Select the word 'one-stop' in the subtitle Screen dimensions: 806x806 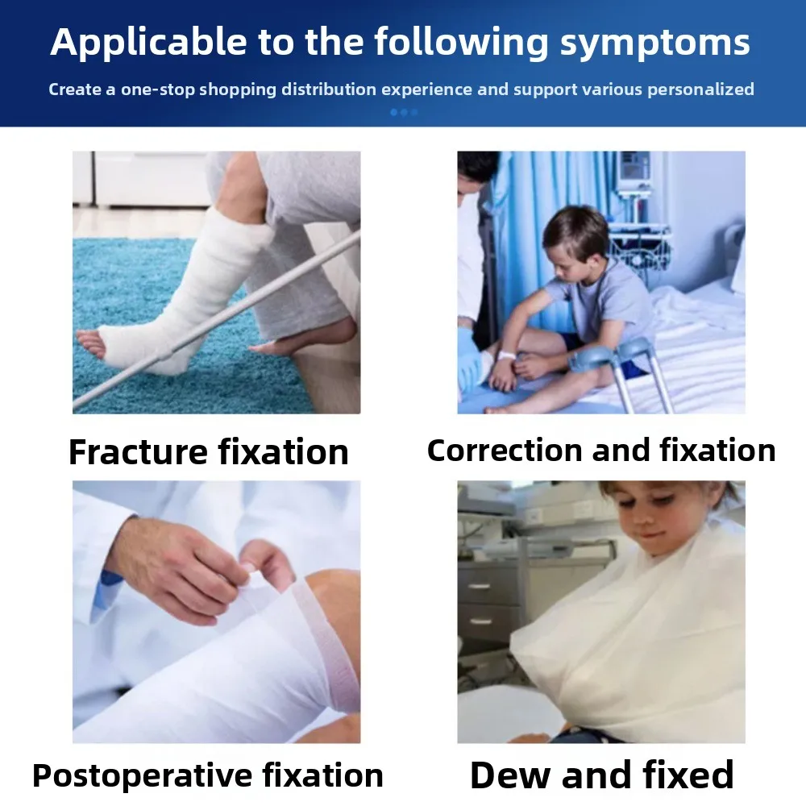157,89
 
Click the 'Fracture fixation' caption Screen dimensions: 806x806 209,452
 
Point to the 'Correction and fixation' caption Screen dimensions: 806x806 601,451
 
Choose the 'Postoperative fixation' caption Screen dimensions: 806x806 208,775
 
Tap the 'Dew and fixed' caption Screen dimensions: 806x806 601,775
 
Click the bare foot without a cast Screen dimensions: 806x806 306,337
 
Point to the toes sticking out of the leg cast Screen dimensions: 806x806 90,343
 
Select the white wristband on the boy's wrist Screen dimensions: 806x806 506,355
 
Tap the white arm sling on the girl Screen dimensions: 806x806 637,637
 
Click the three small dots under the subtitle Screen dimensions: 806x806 403,113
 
